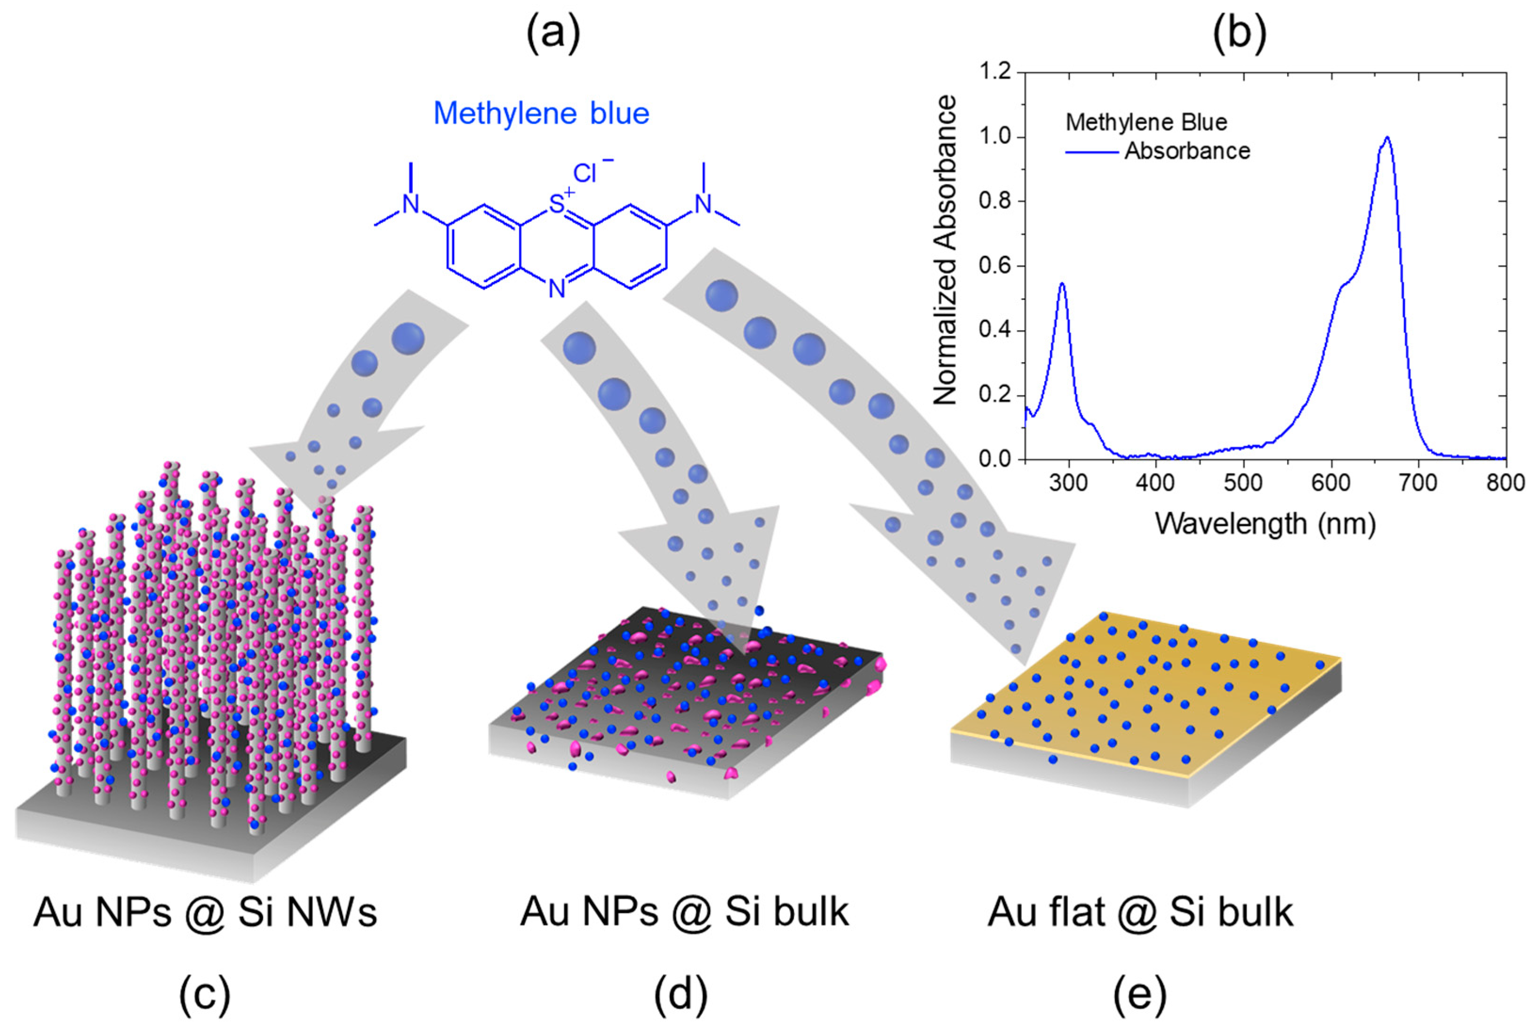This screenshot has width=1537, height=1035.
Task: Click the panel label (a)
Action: (x=553, y=33)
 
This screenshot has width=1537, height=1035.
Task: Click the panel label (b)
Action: (x=1239, y=33)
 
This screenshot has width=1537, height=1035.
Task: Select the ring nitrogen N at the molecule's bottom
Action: (x=557, y=288)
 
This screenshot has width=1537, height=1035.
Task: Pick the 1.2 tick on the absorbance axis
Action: (x=995, y=71)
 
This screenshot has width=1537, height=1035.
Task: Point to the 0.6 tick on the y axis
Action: (x=995, y=266)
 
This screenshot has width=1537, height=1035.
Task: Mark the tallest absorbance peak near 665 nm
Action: (x=1387, y=138)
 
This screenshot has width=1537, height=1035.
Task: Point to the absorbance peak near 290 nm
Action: (x=1062, y=284)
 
